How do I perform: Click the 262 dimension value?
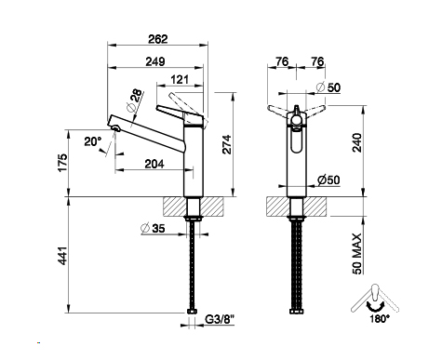[x=158, y=39]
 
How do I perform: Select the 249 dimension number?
[x=155, y=61]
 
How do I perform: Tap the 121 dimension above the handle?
[x=180, y=80]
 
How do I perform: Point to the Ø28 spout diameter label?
[x=135, y=100]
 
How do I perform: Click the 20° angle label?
[x=93, y=141]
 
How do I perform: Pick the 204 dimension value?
[x=154, y=164]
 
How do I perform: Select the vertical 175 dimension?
[x=62, y=162]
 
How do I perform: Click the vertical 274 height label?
[x=227, y=144]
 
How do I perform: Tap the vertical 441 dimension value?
[x=62, y=256]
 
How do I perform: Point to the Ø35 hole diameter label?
[x=153, y=229]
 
